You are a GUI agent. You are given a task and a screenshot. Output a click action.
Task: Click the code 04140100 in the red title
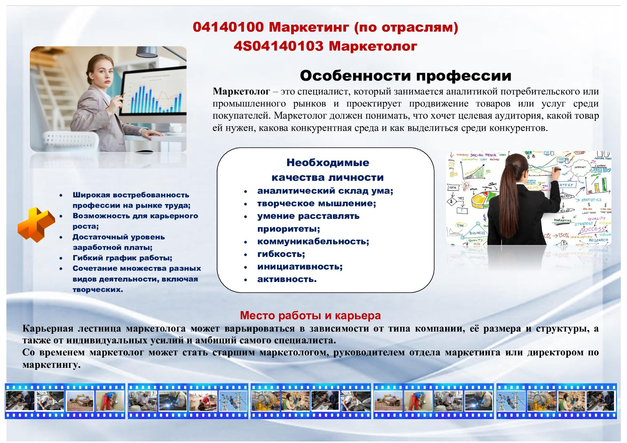[x=228, y=27]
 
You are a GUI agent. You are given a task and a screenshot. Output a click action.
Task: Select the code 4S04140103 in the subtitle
[x=279, y=46]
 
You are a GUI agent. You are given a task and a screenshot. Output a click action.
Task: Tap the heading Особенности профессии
[x=405, y=76]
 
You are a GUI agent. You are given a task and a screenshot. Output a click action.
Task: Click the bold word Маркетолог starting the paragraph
[x=241, y=92]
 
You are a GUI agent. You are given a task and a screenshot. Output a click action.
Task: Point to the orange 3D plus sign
[x=36, y=224]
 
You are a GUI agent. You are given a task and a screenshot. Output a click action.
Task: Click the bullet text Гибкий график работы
[x=122, y=258]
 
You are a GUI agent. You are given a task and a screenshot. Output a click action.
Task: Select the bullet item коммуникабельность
[x=313, y=241]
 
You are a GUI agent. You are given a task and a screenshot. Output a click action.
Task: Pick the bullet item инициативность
[x=300, y=266]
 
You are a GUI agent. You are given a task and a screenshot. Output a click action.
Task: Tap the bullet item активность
[x=287, y=279]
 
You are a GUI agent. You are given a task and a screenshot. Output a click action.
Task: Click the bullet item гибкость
[x=281, y=254]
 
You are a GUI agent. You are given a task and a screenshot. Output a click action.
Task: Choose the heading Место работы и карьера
[x=310, y=315]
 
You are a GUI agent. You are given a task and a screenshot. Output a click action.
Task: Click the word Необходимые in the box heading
[x=328, y=163]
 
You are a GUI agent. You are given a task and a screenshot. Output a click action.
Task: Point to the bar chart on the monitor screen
[x=155, y=99]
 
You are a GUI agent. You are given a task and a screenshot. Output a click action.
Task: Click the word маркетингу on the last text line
[x=51, y=365]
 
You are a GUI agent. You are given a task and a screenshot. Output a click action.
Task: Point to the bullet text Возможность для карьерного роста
[x=135, y=221]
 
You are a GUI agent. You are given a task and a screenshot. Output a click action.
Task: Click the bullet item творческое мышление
[x=317, y=203]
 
